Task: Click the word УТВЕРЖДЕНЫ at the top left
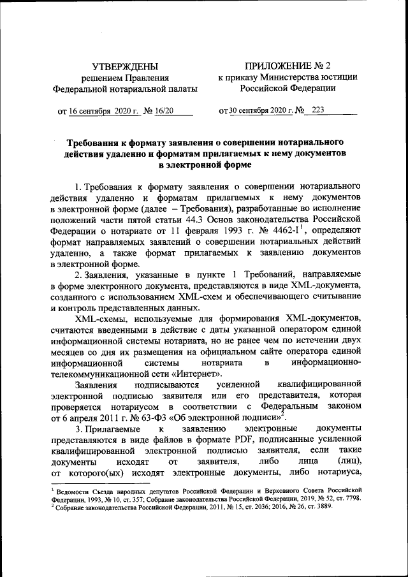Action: (x=125, y=66)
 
